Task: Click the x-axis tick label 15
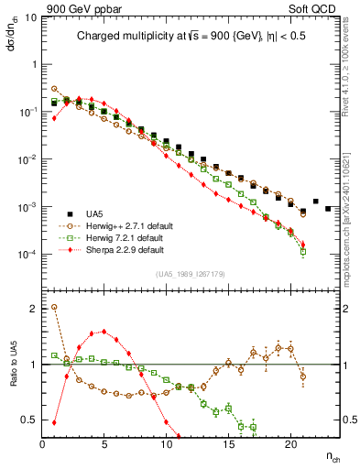228,444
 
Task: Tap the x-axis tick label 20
290,444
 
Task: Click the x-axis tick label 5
104,444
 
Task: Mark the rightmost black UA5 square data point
328,209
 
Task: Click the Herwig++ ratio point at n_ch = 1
54,307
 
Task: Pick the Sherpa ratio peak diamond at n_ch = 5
104,332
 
